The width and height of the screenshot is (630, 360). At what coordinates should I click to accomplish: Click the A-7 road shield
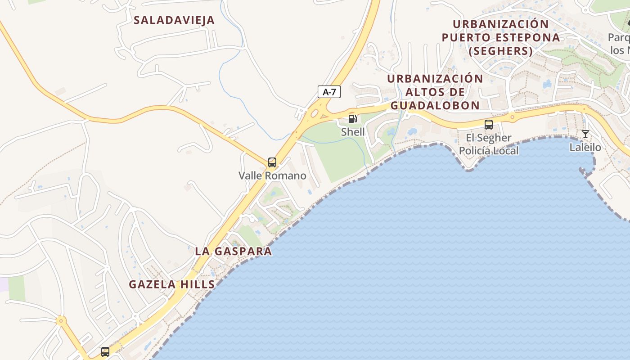pos(329,92)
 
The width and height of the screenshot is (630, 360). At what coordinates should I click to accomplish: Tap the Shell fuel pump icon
pos(353,119)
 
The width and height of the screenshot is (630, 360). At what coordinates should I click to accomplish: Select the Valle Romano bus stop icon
pos(272,162)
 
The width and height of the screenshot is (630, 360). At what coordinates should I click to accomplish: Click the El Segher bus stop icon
pos(488,125)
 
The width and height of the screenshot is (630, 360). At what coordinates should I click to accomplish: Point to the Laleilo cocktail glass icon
pos(585,134)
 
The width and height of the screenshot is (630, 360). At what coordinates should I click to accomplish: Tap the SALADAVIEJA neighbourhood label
pos(174,20)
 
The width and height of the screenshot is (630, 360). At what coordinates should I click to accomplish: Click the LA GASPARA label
pos(234,251)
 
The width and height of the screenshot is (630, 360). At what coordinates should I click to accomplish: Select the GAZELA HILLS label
pos(172,284)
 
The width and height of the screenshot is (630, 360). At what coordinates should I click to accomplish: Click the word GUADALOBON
pos(435,105)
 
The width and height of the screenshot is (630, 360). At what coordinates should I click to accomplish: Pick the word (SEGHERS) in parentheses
pos(501,51)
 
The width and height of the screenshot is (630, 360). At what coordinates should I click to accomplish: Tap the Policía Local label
pos(489,151)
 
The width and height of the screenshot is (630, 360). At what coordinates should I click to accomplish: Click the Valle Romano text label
pos(272,175)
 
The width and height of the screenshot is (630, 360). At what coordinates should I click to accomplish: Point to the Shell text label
pos(353,132)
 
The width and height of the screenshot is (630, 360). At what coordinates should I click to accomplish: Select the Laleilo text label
pos(585,147)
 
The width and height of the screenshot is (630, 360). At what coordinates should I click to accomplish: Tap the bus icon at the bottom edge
pos(105,351)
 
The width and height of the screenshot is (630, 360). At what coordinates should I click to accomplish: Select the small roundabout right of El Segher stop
pos(512,118)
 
